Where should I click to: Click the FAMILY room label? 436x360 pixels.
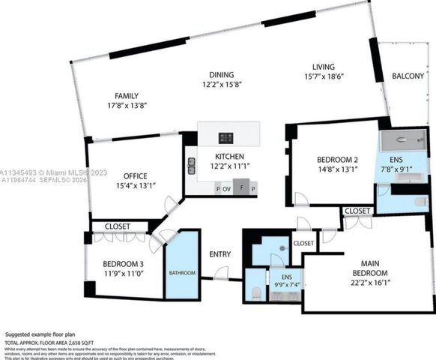126,95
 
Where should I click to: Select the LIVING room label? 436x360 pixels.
324,67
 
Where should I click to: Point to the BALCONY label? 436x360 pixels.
408,76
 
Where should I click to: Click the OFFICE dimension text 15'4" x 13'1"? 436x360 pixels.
135,186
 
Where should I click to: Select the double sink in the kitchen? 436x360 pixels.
193,166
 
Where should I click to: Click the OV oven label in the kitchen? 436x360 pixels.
226,189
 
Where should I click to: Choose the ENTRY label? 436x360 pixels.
219,254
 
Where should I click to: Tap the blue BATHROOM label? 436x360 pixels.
182,273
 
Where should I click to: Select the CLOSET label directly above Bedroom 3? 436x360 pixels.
117,226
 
